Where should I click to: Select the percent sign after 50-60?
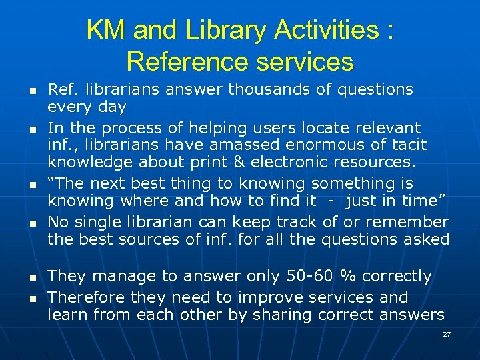(347, 276)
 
